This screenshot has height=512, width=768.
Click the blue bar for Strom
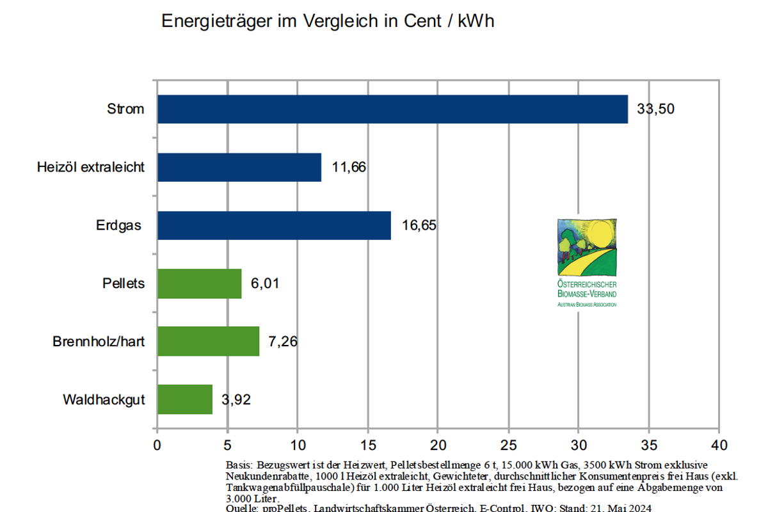[x=392, y=109]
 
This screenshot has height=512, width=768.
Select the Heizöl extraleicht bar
[x=239, y=167]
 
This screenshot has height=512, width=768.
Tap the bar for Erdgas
[x=274, y=225]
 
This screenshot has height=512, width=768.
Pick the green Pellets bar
[x=199, y=284]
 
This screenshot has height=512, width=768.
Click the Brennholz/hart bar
[x=208, y=341]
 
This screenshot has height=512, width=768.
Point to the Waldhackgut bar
[x=184, y=399]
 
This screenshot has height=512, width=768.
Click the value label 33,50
[x=655, y=109]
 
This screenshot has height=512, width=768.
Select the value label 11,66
[x=349, y=167]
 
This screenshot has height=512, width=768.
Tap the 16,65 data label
[x=419, y=225]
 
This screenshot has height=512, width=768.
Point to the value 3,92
[x=236, y=400]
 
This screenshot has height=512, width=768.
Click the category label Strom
[x=125, y=109]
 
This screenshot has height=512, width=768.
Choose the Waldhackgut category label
[x=104, y=400]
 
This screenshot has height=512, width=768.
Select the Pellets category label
[x=123, y=284]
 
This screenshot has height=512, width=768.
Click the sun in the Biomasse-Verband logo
[x=600, y=234]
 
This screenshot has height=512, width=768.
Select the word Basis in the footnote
[x=240, y=464]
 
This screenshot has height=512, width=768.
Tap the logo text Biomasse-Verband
[x=587, y=293]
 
